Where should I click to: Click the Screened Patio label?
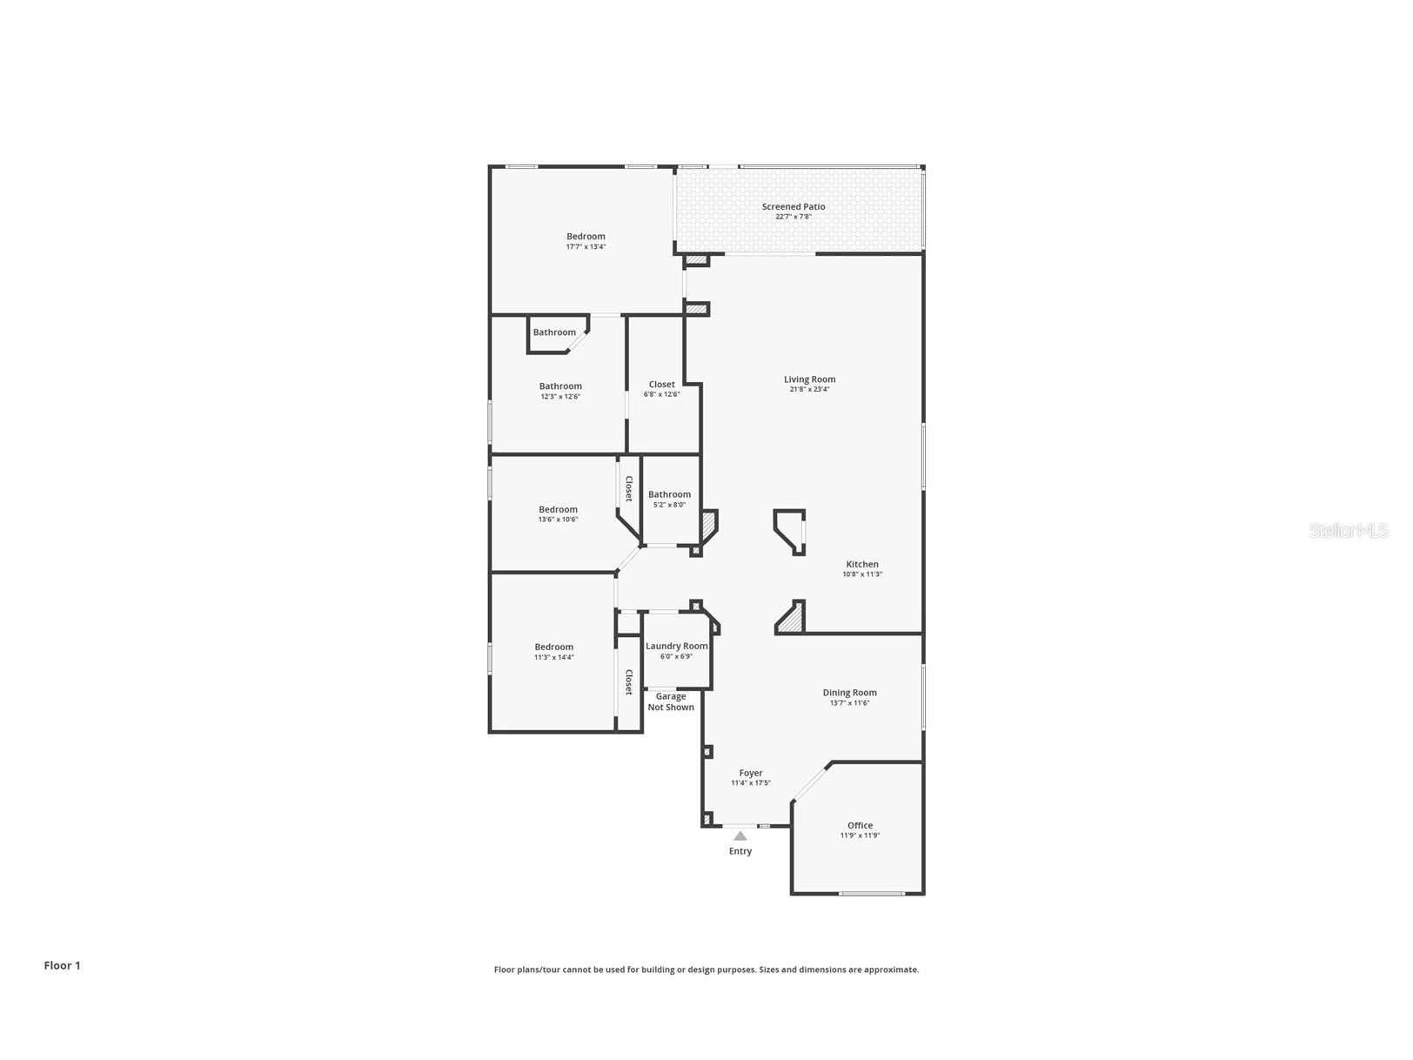pyautogui.click(x=793, y=206)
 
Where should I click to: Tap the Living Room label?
pyautogui.click(x=809, y=379)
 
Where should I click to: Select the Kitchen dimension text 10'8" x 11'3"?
pyautogui.click(x=861, y=574)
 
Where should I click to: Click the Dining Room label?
pyautogui.click(x=849, y=693)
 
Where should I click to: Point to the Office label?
pyautogui.click(x=860, y=825)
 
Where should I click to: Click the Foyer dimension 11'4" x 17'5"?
pyautogui.click(x=750, y=783)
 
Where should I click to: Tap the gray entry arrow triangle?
pyautogui.click(x=740, y=835)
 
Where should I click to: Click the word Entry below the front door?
pyautogui.click(x=740, y=851)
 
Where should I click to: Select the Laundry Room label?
pyautogui.click(x=676, y=646)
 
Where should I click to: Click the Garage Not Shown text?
pyautogui.click(x=671, y=701)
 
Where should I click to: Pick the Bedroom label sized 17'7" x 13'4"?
pyautogui.click(x=586, y=237)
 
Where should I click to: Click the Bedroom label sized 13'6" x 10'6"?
pyautogui.click(x=558, y=510)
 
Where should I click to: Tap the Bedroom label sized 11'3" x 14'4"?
pyautogui.click(x=554, y=647)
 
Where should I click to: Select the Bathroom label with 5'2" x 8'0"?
pyautogui.click(x=669, y=494)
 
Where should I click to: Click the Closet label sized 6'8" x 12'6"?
pyautogui.click(x=661, y=385)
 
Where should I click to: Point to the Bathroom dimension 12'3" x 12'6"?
pyautogui.click(x=560, y=397)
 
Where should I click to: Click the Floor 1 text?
pyautogui.click(x=63, y=965)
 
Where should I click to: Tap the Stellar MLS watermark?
pyautogui.click(x=1349, y=530)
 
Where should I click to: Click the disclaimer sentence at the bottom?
pyautogui.click(x=706, y=969)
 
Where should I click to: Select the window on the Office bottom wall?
pyautogui.click(x=871, y=893)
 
